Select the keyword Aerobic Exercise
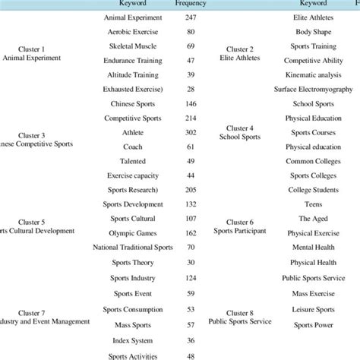(133, 32)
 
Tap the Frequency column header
(190, 4)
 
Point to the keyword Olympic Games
(133, 233)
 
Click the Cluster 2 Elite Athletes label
(236, 54)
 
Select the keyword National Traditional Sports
(133, 248)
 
